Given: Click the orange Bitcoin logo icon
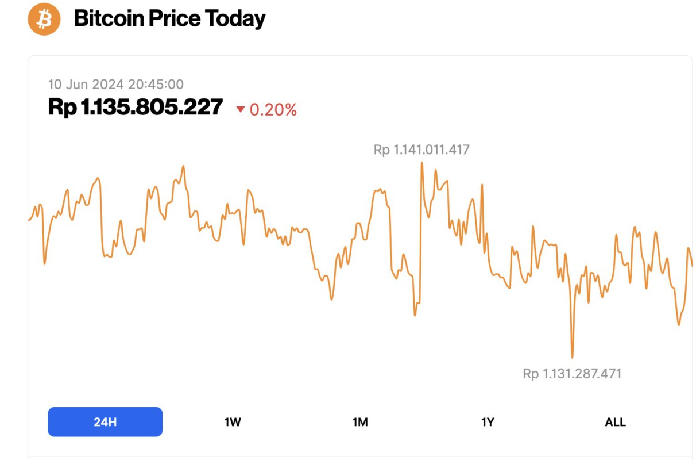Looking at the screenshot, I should pos(44,19).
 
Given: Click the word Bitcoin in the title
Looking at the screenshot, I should pos(109,20).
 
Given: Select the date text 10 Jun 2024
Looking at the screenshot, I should pos(86,85).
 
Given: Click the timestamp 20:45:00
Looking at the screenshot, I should pos(156,85).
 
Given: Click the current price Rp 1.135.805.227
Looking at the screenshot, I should pos(136,108).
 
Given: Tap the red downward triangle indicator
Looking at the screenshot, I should pos(241,109).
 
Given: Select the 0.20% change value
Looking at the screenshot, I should pos(273,110).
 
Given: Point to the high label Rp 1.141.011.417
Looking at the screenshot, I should pos(421,150).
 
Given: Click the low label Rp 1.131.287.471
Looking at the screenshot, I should pos(572,374).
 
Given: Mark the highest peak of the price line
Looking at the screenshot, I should pos(422,163).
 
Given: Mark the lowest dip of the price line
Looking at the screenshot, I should pos(572,357).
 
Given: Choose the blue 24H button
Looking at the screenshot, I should pos(105,422).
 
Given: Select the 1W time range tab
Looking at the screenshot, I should pos(233,422).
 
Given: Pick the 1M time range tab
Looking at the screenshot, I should pos(360,422).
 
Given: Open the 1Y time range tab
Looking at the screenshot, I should pos(488,422).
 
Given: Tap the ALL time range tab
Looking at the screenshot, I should pos(615,422).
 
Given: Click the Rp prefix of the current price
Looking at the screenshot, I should pos(62,108).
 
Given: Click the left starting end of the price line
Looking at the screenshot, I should pos(29,220).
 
